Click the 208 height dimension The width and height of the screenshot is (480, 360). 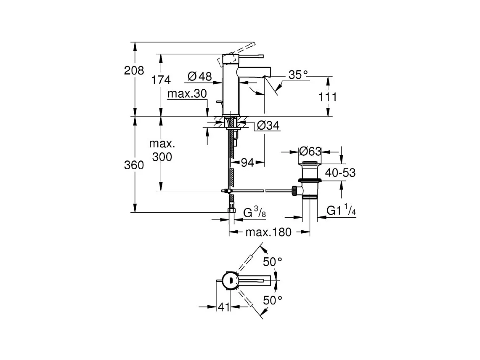point(134,71)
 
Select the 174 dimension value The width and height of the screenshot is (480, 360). point(161,80)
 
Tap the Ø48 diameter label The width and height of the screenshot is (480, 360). point(199,76)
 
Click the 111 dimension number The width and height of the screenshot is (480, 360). point(328,97)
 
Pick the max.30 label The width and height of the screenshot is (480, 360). point(187,93)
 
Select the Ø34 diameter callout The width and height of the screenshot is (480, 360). point(268,125)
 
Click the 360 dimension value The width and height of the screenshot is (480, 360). point(134,165)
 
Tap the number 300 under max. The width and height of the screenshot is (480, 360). point(162,157)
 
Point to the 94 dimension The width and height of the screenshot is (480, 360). point(247,163)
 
